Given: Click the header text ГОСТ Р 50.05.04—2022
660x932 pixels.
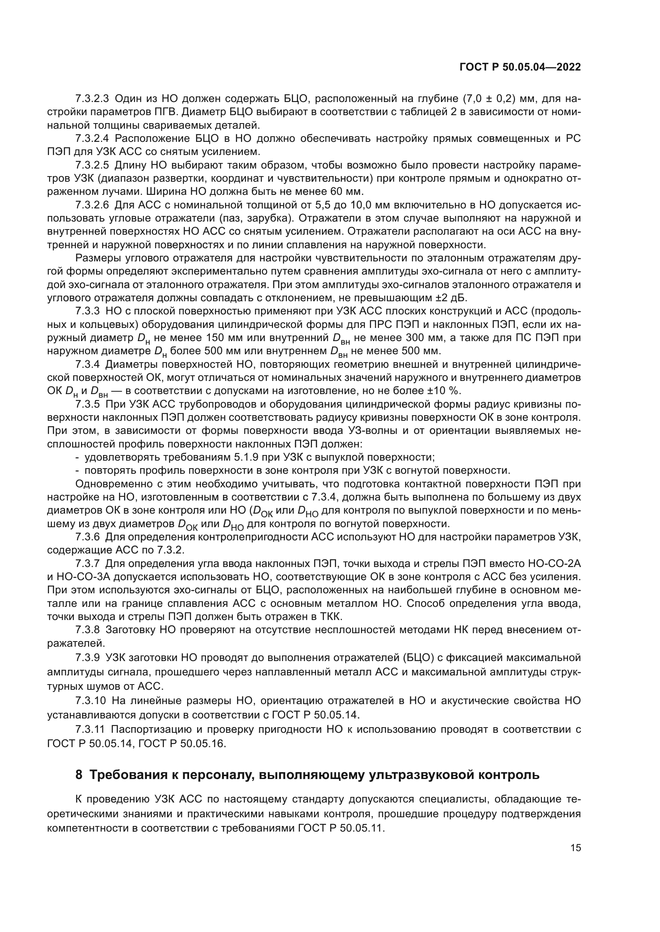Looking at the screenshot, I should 520,67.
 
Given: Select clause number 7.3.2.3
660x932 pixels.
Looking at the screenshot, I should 92,99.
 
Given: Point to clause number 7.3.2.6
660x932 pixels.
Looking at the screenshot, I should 92,205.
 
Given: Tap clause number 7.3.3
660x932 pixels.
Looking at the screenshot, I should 87,311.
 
